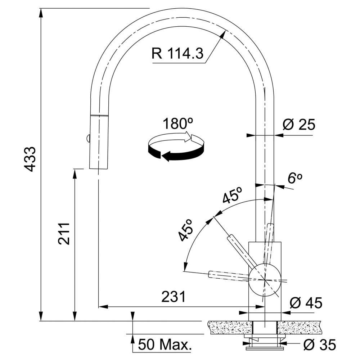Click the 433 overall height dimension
click(x=30, y=159)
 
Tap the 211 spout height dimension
click(x=64, y=234)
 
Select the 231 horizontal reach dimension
click(x=174, y=297)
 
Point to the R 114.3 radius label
click(x=177, y=54)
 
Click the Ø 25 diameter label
click(x=299, y=125)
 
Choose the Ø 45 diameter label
click(x=306, y=303)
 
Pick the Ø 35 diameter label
click(x=320, y=345)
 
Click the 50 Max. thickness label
click(x=165, y=345)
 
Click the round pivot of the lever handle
click(x=265, y=280)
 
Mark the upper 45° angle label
click(x=233, y=195)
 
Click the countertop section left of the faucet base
click(x=230, y=328)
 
